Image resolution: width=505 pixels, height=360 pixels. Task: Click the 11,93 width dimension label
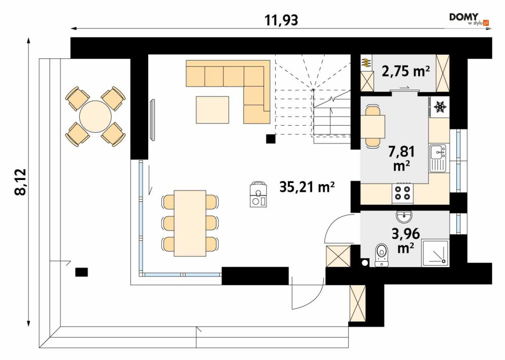[x=281, y=20]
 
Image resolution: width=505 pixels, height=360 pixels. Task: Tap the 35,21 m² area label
[x=307, y=187]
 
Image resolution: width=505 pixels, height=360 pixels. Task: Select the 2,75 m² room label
[x=406, y=71]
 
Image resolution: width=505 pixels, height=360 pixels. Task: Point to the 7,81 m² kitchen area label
[x=401, y=158]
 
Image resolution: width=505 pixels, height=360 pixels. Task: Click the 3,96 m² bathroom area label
[x=406, y=240]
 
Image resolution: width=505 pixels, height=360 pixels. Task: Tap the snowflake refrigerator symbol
[x=440, y=107]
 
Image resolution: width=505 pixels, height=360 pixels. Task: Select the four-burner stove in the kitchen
[x=402, y=193]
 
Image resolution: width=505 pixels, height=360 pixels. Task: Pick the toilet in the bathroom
[x=382, y=255]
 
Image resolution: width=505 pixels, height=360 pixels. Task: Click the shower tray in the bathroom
[x=435, y=253]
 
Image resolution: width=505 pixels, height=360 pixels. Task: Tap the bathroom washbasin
[x=404, y=217]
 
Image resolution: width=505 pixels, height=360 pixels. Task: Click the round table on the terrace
[x=95, y=117]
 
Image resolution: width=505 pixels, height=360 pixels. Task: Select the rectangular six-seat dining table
[x=190, y=223]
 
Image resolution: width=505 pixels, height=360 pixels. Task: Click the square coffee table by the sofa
[x=213, y=110]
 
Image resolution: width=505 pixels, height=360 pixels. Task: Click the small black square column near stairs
[x=271, y=138]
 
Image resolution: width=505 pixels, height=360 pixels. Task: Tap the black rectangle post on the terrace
[x=82, y=272]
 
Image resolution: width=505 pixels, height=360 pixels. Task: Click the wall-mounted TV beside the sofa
[x=153, y=120]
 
